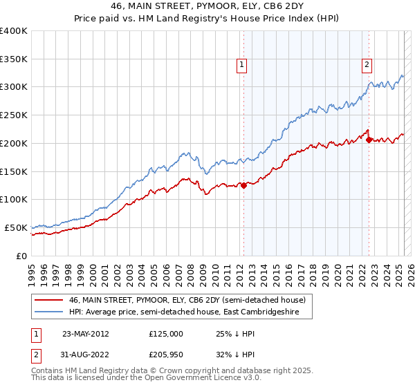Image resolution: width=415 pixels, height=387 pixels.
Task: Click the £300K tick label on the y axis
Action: pyautogui.click(x=13, y=87)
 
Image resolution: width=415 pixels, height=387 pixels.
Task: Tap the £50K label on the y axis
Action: pyautogui.click(x=15, y=227)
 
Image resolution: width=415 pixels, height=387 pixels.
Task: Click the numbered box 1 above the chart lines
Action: pyautogui.click(x=242, y=66)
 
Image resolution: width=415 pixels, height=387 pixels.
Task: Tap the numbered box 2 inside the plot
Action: pyautogui.click(x=366, y=66)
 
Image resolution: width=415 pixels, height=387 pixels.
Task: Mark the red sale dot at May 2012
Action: pyautogui.click(x=244, y=185)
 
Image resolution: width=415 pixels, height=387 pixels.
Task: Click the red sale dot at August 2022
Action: pyautogui.click(x=369, y=140)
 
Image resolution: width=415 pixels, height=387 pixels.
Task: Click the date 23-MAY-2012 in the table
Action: pyautogui.click(x=86, y=333)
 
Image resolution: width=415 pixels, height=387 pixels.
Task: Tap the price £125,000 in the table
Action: pyautogui.click(x=166, y=333)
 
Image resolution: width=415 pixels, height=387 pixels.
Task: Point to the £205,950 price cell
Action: pyautogui.click(x=166, y=355)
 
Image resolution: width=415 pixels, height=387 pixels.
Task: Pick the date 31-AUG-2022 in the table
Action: pyautogui.click(x=86, y=355)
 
